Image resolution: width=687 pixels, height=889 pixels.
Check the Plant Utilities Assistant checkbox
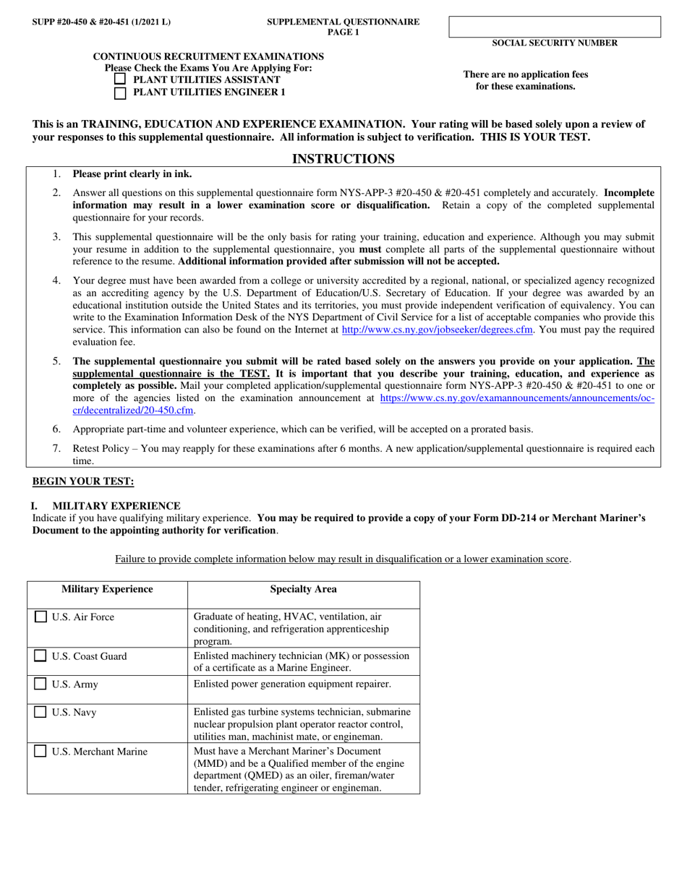click(x=121, y=80)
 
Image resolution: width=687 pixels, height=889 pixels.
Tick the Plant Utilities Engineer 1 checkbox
click(x=121, y=93)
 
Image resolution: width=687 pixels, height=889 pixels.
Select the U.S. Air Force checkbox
click(x=42, y=617)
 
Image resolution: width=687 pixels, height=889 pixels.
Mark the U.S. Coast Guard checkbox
click(x=42, y=656)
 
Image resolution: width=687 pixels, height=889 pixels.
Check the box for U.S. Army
click(x=42, y=684)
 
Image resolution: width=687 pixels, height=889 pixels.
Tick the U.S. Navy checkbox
click(x=42, y=712)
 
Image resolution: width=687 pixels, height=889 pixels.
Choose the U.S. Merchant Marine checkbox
click(x=42, y=752)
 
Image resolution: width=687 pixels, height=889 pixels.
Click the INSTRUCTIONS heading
click(x=343, y=158)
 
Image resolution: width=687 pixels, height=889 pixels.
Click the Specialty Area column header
click(x=303, y=589)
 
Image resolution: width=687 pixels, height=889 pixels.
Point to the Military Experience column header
click(x=107, y=589)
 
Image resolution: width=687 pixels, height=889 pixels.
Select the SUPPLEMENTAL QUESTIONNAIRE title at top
click(x=343, y=22)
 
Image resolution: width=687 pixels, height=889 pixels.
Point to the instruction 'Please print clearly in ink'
click(x=132, y=174)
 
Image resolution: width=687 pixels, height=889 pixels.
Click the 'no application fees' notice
click(x=525, y=80)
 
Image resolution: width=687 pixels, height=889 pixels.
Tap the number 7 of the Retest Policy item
click(x=56, y=449)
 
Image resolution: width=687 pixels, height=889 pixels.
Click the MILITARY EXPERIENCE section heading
click(x=116, y=505)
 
